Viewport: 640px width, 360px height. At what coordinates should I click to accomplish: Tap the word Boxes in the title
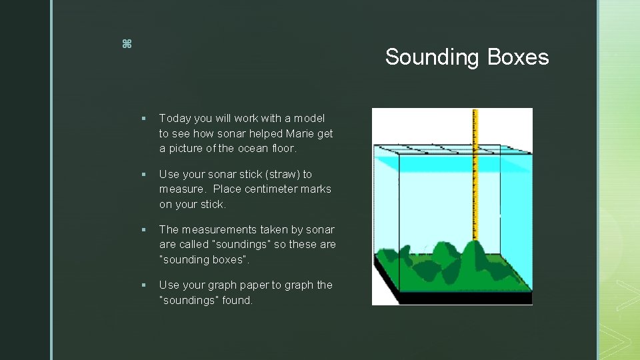[518, 57]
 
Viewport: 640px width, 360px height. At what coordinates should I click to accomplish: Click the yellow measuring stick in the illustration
[475, 173]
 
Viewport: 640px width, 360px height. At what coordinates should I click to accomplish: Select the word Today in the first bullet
[175, 119]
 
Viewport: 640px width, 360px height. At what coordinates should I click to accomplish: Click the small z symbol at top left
[127, 44]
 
